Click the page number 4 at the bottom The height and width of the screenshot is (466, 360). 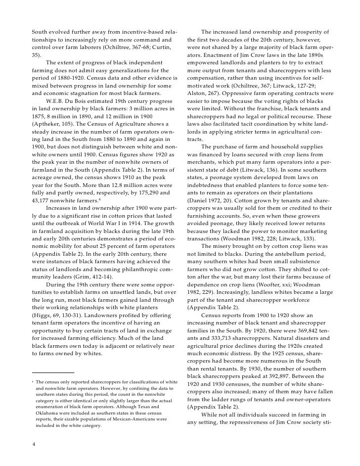(x=33, y=444)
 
